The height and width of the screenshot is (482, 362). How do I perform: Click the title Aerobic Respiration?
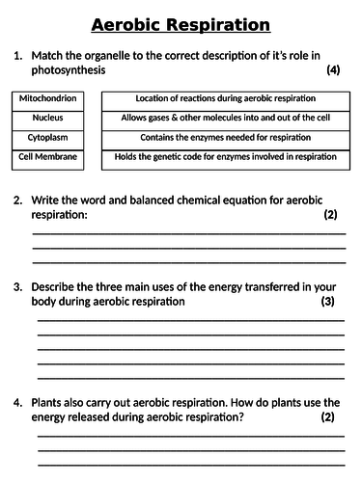click(181, 24)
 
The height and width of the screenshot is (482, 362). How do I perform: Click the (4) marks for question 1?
click(334, 71)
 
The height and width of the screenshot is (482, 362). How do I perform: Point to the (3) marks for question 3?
click(327, 302)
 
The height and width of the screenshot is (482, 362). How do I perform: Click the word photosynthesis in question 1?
click(70, 71)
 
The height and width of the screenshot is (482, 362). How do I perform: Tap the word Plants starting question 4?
click(50, 402)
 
